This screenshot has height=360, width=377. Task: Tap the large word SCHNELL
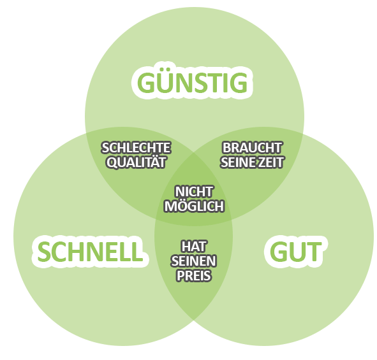coord(89,251)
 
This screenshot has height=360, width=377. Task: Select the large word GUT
coord(294,252)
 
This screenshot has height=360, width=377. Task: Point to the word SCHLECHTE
coord(136,148)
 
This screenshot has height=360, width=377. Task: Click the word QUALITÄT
coord(136,162)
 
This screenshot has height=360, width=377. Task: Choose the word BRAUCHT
coord(252,148)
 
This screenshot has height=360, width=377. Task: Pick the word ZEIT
coord(270,162)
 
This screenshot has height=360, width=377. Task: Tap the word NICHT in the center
coord(194,191)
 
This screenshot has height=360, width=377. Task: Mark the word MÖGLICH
coord(194,206)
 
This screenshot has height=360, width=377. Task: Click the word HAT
coord(194,246)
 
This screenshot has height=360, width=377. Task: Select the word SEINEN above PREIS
coord(194,261)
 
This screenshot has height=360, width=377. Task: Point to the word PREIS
coord(194,277)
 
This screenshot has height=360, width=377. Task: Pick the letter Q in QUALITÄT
coord(112,162)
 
